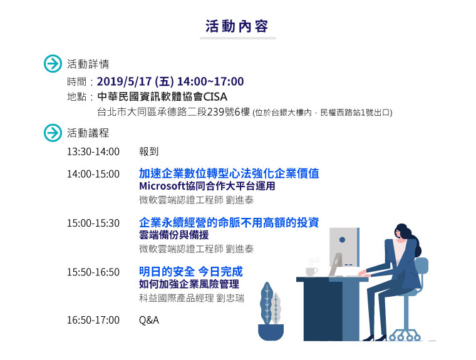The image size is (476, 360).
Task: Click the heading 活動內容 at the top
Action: (237, 26)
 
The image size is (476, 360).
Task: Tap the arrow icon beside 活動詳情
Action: (53, 64)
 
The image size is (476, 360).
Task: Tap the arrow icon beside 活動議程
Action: (53, 133)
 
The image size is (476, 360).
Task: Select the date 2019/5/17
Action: (124, 81)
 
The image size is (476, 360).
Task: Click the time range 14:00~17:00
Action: (210, 81)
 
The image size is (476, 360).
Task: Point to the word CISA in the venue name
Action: (215, 97)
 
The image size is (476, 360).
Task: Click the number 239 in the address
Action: (216, 112)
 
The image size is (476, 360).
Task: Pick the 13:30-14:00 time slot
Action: (93, 152)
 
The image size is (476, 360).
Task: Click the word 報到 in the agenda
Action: (149, 152)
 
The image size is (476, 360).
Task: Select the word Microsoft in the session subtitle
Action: (162, 186)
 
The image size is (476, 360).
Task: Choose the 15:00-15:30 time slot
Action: (93, 223)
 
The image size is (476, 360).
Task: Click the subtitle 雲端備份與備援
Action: (174, 235)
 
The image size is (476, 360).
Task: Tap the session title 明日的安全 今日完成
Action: (191, 271)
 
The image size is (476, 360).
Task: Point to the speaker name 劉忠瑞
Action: (230, 298)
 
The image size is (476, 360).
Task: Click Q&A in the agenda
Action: (149, 320)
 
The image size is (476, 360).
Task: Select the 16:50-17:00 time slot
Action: (93, 320)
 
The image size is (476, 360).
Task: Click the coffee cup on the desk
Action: (311, 271)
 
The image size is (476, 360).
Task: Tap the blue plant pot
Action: (271, 332)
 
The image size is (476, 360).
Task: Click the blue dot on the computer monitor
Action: (342, 240)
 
